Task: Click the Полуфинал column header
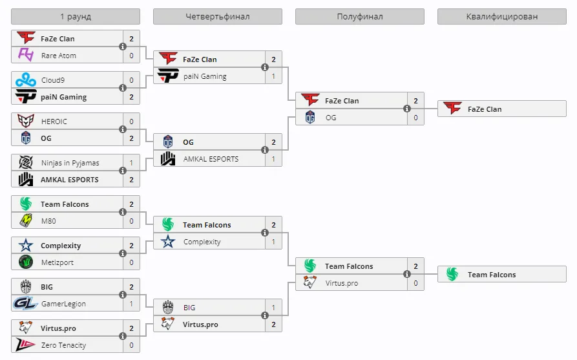[x=359, y=17]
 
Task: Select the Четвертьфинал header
[x=218, y=17]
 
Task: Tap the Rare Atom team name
[x=59, y=56]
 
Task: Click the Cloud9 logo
[x=26, y=80]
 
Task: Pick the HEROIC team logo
[x=26, y=121]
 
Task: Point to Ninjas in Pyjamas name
[x=70, y=163]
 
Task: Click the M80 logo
[x=26, y=221]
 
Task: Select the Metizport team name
[x=58, y=262]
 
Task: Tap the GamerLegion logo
[x=25, y=304]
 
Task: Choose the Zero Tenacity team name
[x=64, y=345]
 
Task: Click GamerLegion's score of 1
[x=131, y=304]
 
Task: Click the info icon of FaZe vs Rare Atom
[x=123, y=47]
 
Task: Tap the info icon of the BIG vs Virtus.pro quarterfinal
[x=264, y=315]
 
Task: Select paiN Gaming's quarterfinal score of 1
[x=273, y=76]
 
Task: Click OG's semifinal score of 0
[x=415, y=118]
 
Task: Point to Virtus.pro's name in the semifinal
[x=342, y=283]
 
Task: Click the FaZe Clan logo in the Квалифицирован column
[x=452, y=109]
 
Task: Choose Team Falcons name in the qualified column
[x=492, y=275]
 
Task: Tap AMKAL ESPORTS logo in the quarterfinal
[x=168, y=159]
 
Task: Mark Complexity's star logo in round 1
[x=26, y=246]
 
